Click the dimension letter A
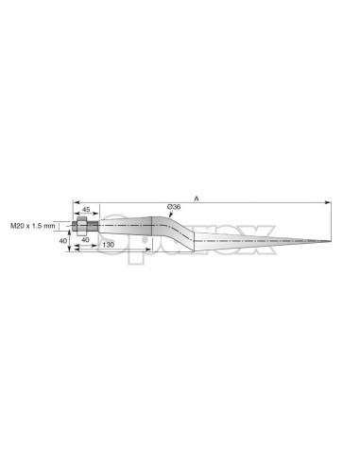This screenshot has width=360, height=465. pyautogui.click(x=197, y=198)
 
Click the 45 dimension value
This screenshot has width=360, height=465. pyautogui.click(x=86, y=209)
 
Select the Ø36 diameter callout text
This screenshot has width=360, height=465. pyautogui.click(x=174, y=207)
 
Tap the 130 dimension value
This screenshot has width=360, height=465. pyautogui.click(x=109, y=245)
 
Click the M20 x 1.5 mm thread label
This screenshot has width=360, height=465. pyautogui.click(x=33, y=226)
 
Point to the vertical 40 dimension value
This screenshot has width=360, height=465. pyautogui.click(x=63, y=241)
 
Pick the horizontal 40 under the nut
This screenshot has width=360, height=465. pyautogui.click(x=85, y=239)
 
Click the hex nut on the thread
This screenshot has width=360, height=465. pyautogui.click(x=81, y=226)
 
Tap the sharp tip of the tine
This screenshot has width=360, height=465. pyautogui.click(x=330, y=241)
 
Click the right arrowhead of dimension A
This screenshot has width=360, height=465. pyautogui.click(x=328, y=202)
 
